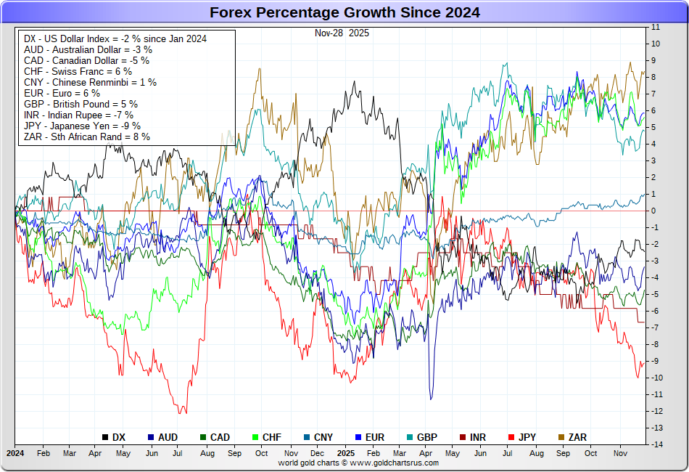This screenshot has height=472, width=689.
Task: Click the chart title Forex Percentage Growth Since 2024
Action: click(344, 12)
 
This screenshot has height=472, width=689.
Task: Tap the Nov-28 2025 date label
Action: click(342, 33)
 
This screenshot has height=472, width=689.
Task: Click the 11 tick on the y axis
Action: click(656, 27)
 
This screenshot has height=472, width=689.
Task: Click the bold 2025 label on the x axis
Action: click(345, 453)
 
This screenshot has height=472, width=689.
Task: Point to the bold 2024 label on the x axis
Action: click(15, 453)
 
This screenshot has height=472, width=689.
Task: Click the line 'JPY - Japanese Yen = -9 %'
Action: click(81, 126)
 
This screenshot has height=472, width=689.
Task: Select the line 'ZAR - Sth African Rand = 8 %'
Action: click(86, 137)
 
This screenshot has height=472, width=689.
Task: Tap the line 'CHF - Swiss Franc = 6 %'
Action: click(77, 71)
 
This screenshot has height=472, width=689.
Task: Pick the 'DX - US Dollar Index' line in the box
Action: click(115, 38)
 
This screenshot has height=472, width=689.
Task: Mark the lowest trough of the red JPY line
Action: click(181, 413)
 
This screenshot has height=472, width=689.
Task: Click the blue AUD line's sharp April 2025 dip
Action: click(432, 398)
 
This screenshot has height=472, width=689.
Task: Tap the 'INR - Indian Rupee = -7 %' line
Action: click(78, 115)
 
